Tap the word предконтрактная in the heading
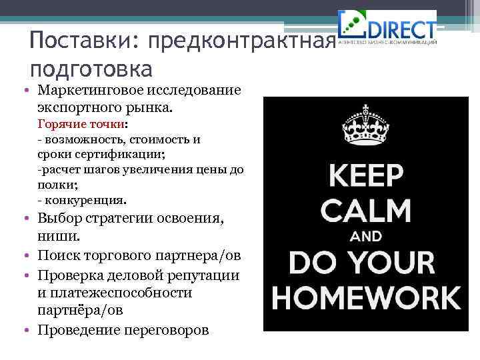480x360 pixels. tap(240, 43)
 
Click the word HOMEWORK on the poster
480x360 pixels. tap(365, 297)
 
